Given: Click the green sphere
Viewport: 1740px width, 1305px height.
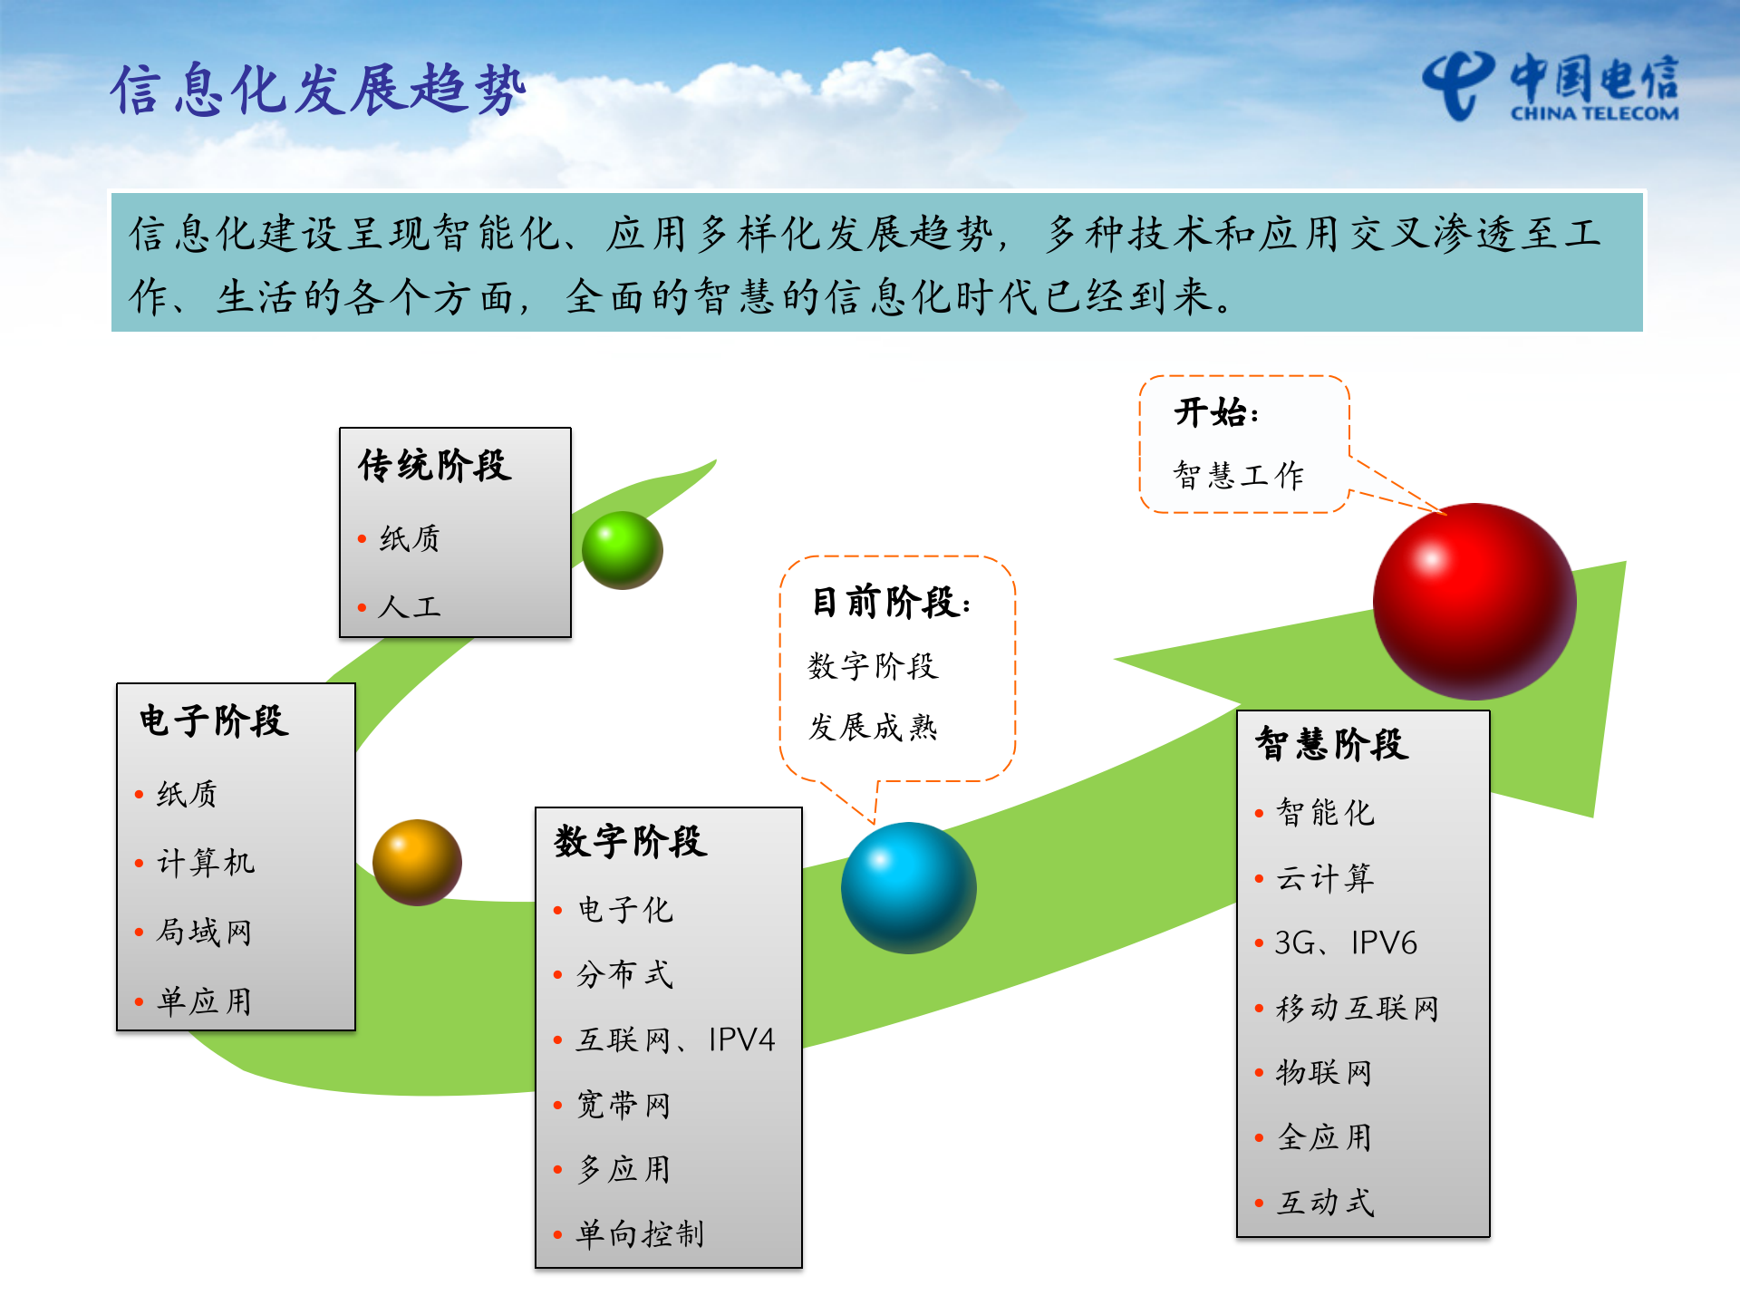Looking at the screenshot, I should click(622, 550).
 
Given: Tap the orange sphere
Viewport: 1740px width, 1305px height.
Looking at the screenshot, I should click(417, 862).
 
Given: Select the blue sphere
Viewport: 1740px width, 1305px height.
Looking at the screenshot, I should click(908, 887).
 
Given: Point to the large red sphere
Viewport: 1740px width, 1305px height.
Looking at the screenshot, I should click(1474, 602).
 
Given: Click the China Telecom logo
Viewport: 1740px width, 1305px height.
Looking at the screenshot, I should click(1551, 87).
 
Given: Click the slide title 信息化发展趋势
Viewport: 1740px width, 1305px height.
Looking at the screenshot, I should click(318, 90).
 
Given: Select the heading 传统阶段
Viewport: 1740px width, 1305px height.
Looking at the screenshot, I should click(435, 466).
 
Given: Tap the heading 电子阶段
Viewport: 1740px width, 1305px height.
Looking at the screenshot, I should click(214, 721).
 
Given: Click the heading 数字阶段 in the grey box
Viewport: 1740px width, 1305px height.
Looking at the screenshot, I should click(631, 842).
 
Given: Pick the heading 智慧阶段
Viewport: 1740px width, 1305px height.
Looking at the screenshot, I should click(1331, 744).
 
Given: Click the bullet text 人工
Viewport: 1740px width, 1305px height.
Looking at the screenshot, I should click(410, 606).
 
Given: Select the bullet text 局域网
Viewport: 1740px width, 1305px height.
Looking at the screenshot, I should click(204, 932).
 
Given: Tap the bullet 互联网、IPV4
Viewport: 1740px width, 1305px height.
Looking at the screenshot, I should click(676, 1039).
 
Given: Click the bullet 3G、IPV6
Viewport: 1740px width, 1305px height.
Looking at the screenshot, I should click(1346, 943).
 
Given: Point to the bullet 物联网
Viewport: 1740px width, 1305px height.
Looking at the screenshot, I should click(1324, 1073).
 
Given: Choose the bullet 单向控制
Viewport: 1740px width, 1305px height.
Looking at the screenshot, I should click(640, 1233).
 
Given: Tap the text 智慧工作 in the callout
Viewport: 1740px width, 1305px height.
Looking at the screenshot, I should click(1238, 475).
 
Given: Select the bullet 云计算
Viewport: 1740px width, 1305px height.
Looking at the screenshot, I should click(1325, 878).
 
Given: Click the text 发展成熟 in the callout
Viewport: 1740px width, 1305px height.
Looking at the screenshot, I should click(873, 727).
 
